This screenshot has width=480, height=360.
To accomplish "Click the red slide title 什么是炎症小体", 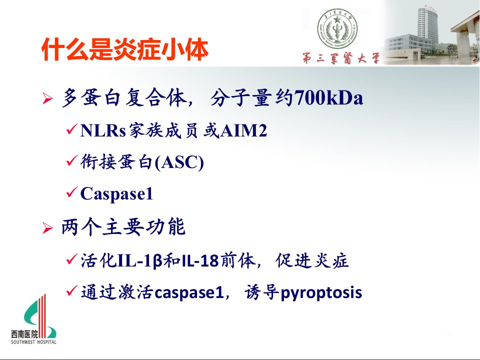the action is (125, 49).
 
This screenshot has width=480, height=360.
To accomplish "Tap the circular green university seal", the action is (337, 28).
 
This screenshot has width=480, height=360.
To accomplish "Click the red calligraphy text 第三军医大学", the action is (341, 58).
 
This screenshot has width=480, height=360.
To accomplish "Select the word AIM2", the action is (243, 130).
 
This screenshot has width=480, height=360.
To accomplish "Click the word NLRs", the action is (103, 130).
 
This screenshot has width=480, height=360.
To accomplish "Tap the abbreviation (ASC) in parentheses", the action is (179, 162).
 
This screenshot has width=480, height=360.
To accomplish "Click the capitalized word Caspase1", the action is (116, 193).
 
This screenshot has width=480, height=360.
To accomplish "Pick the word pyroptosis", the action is (321, 292).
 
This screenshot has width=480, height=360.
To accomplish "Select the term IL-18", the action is (200, 261).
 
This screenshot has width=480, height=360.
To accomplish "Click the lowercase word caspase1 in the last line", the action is (189, 292).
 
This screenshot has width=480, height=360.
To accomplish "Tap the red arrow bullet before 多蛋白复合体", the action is (47, 99).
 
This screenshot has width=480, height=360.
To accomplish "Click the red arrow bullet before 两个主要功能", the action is (47, 228).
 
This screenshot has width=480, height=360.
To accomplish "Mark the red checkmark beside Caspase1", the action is (71, 192).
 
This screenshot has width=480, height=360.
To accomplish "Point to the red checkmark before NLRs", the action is (71, 129).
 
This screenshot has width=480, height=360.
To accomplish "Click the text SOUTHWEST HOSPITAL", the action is (33, 342).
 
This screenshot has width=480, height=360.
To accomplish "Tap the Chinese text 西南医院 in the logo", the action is (24, 334).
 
